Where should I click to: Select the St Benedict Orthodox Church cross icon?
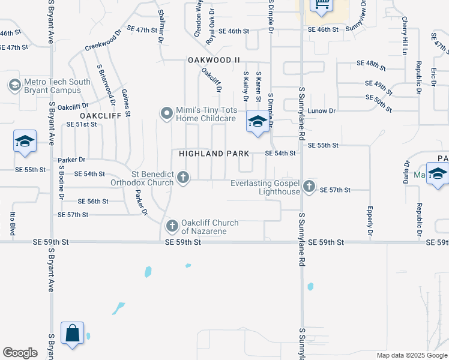point(184,177)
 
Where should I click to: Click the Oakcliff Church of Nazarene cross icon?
point(172,226)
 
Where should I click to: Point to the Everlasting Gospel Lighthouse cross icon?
point(309,186)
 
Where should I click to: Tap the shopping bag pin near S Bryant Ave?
point(72,332)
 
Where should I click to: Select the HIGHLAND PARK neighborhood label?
point(214,154)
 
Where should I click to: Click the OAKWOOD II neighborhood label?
point(214,60)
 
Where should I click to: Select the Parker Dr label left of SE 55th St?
point(72,160)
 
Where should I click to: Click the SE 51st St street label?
point(82,124)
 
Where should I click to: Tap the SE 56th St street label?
point(93,202)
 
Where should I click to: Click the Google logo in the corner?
point(20,353)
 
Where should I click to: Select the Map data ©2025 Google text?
point(411,355)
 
